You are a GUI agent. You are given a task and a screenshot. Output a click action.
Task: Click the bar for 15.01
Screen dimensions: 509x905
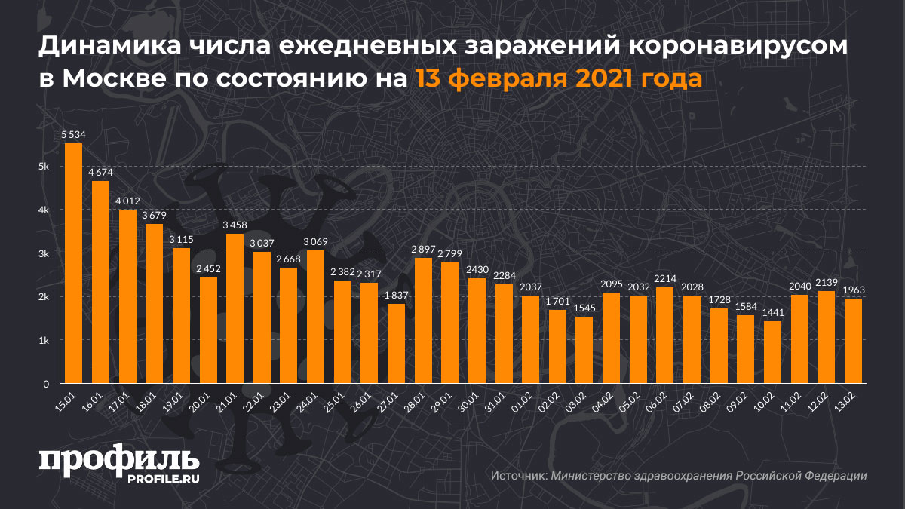point(73,263)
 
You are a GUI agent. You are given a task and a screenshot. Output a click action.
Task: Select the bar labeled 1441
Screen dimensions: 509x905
point(772,352)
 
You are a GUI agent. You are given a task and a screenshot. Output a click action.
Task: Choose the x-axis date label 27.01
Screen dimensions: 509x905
point(392,397)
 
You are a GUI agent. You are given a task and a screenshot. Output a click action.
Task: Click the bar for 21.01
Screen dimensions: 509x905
point(235,308)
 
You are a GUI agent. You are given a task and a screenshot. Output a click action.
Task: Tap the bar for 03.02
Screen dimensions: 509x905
point(584,350)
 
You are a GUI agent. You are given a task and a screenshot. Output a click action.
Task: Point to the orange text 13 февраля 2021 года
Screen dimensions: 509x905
point(558,79)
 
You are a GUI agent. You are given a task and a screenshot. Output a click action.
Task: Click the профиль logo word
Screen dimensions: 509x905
point(119,461)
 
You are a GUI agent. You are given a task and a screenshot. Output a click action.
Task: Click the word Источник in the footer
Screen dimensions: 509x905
point(518,476)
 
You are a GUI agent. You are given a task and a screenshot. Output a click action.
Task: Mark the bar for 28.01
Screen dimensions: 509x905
point(423,320)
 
